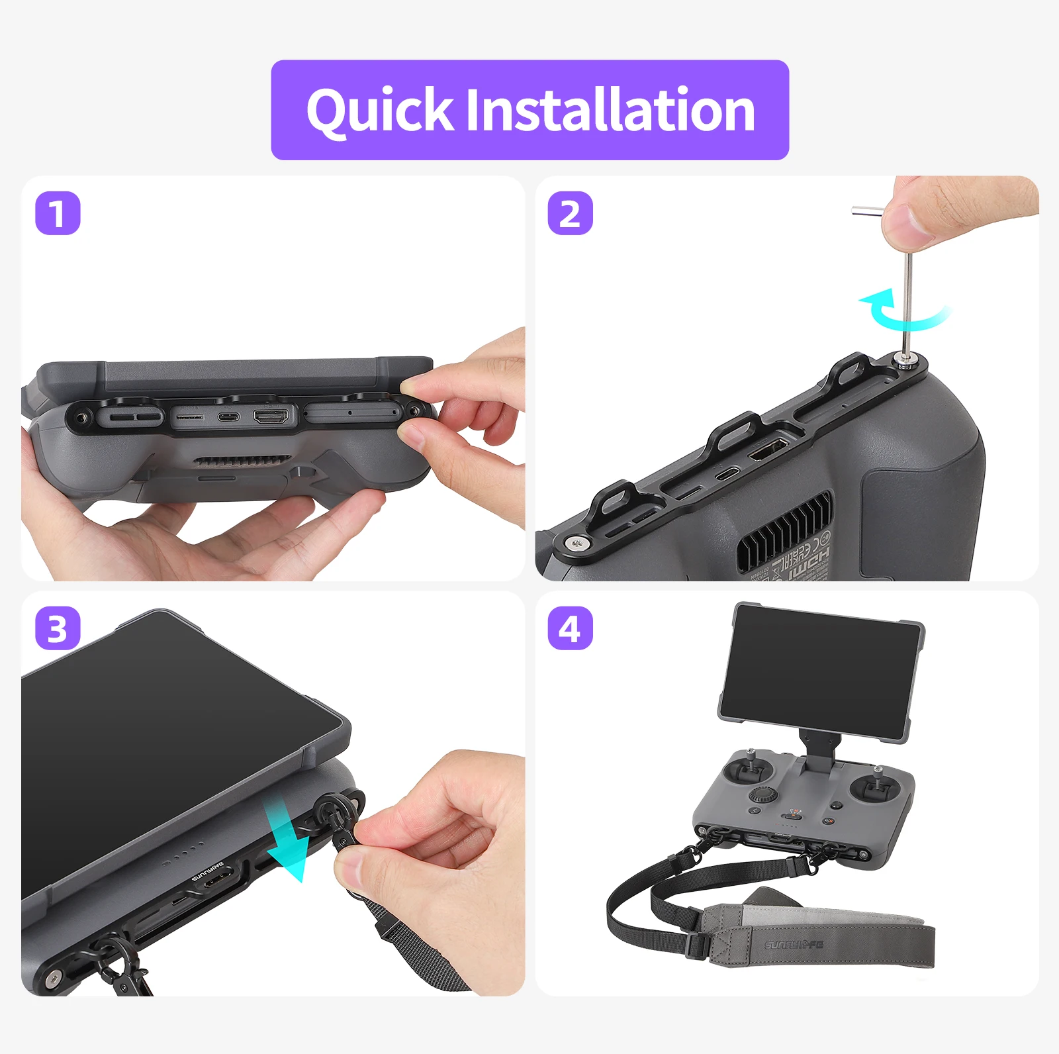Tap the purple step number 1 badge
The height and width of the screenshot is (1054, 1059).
tap(58, 213)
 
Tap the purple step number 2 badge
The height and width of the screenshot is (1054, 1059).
tap(570, 213)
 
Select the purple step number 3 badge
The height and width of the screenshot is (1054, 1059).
tap(58, 628)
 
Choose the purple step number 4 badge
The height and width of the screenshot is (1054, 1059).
tap(570, 628)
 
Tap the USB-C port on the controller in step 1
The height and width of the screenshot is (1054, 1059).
tap(228, 417)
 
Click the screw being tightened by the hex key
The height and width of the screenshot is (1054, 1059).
tap(904, 359)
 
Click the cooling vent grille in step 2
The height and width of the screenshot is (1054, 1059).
tap(784, 530)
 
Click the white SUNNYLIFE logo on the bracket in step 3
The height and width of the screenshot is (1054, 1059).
tap(209, 873)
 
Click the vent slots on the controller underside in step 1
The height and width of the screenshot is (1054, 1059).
tap(243, 460)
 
